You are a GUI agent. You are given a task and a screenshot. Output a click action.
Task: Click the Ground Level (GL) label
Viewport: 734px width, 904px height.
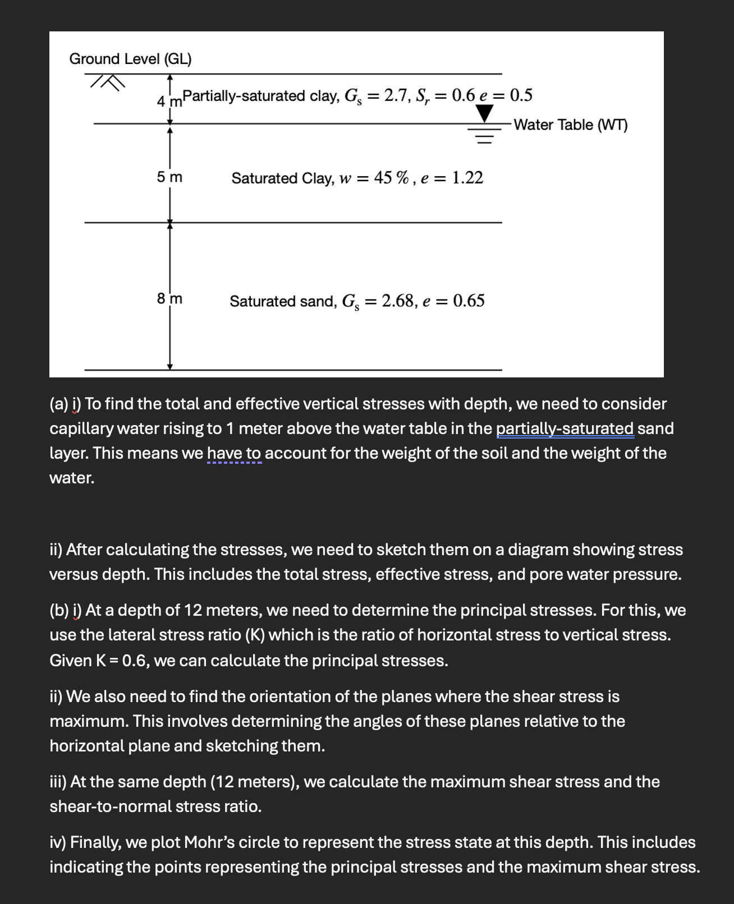click(x=130, y=59)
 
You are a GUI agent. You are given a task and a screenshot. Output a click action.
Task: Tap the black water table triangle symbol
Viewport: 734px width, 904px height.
click(x=484, y=114)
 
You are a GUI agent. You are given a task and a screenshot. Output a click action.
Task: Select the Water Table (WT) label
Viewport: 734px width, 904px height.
click(x=570, y=124)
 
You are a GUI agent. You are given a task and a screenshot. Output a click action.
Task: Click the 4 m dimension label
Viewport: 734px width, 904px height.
click(x=169, y=102)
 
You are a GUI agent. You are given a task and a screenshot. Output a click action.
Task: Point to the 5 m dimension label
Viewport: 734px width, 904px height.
click(x=169, y=177)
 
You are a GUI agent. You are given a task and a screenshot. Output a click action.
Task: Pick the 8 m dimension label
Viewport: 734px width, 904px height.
click(x=169, y=299)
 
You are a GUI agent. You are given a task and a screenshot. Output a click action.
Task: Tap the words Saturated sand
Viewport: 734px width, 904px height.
click(x=282, y=301)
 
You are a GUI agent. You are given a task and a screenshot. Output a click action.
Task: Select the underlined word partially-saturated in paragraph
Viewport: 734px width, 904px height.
click(x=565, y=428)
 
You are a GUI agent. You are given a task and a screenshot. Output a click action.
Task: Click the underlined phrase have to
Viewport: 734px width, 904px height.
click(x=234, y=453)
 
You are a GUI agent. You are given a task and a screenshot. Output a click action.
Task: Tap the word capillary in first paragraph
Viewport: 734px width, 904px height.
click(x=81, y=428)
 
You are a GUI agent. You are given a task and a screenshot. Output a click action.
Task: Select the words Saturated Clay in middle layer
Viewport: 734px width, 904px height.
click(x=279, y=178)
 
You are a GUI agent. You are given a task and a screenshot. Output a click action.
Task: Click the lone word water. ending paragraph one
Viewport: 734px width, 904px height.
click(x=72, y=478)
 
